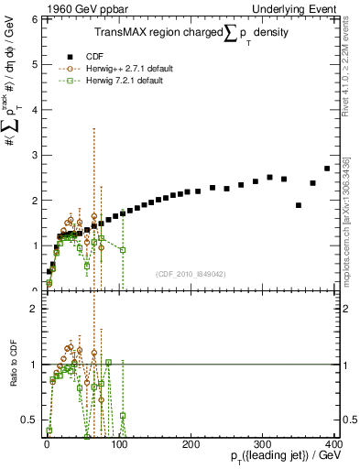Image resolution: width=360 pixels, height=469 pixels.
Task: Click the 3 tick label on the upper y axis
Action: point(36,155)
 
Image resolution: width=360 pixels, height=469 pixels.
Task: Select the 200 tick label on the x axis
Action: point(191,442)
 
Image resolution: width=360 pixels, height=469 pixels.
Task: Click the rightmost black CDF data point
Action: point(327,169)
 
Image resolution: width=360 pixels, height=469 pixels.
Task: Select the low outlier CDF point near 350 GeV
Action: point(299,205)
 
